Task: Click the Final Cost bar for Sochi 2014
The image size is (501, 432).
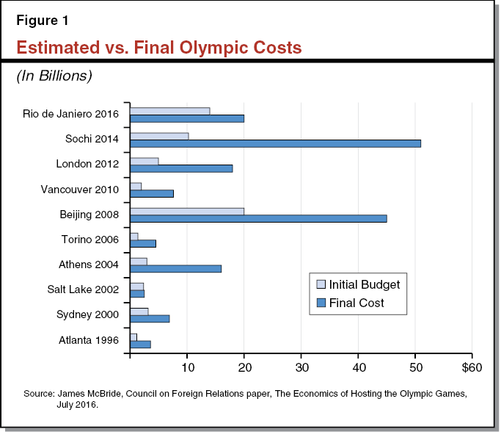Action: (275, 143)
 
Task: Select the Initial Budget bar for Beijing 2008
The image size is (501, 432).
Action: (187, 212)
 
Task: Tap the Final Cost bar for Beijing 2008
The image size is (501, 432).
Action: (258, 218)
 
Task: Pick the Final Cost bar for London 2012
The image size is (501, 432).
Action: (181, 168)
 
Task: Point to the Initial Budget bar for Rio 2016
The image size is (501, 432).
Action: (169, 111)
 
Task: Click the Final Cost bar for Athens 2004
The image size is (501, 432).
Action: (175, 269)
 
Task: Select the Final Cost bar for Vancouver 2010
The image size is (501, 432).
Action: (152, 193)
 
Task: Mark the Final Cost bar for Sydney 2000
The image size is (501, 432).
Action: (150, 319)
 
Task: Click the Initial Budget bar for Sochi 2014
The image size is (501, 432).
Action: (159, 136)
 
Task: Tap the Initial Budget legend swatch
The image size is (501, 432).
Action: (320, 284)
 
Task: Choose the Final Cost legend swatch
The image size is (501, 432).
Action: (320, 302)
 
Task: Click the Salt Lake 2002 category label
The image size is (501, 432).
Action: (86, 289)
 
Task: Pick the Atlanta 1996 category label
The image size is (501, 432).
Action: (91, 340)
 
